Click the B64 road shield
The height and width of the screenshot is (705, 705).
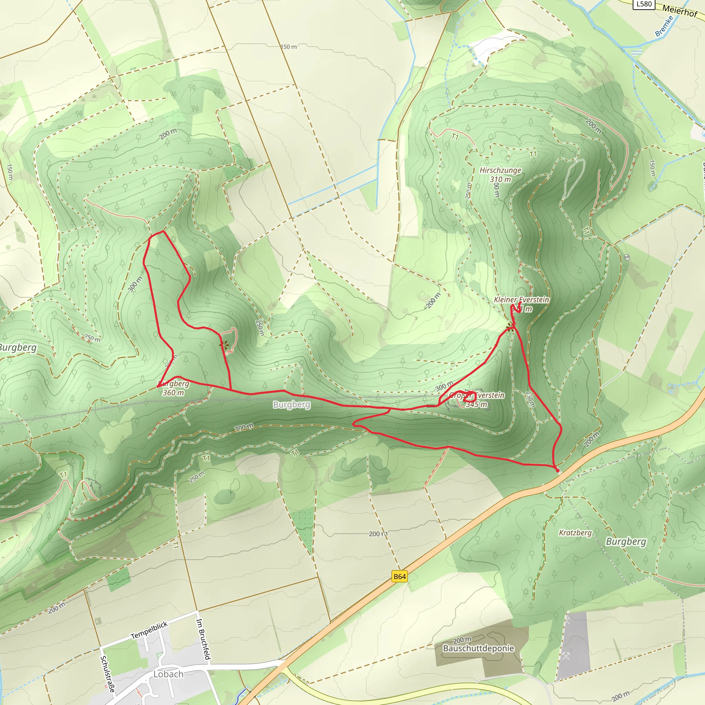click(400, 576)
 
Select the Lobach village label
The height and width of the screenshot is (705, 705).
click(168, 674)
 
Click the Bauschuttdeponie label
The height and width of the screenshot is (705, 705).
click(478, 648)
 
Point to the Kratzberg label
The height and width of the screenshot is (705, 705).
click(575, 533)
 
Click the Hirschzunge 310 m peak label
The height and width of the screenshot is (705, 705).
click(500, 175)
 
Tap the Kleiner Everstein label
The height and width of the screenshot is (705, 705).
click(521, 299)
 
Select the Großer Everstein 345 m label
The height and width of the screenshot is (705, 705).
click(476, 400)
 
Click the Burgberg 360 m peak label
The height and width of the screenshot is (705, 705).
click(173, 388)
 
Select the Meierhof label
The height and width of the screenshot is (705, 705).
click(680, 11)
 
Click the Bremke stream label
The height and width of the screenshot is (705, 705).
click(664, 26)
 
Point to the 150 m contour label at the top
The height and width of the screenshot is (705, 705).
click(288, 47)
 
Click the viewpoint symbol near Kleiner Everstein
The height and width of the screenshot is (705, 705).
click(511, 327)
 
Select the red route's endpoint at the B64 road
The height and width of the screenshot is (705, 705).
click(557, 470)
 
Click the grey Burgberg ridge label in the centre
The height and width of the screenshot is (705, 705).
click(292, 404)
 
